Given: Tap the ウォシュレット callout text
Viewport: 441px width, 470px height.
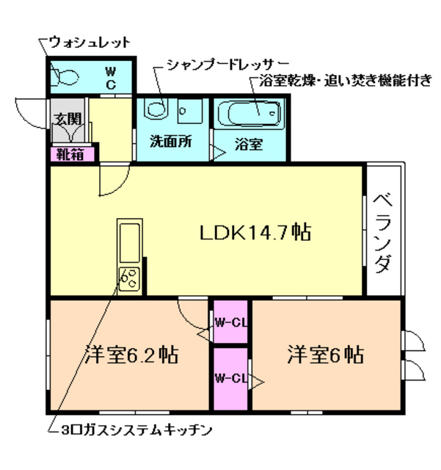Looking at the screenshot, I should [90, 41].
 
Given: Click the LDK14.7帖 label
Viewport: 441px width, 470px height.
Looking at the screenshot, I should [255, 233].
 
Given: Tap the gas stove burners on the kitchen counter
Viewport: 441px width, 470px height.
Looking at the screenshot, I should [129, 278].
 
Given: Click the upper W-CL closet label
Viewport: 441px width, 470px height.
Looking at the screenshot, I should [230, 322].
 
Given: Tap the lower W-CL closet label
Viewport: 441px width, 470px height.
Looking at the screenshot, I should [230, 379].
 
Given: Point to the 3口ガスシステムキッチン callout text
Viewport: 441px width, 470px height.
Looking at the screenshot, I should [136, 427].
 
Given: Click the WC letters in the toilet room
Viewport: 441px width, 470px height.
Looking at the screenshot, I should [110, 77].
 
